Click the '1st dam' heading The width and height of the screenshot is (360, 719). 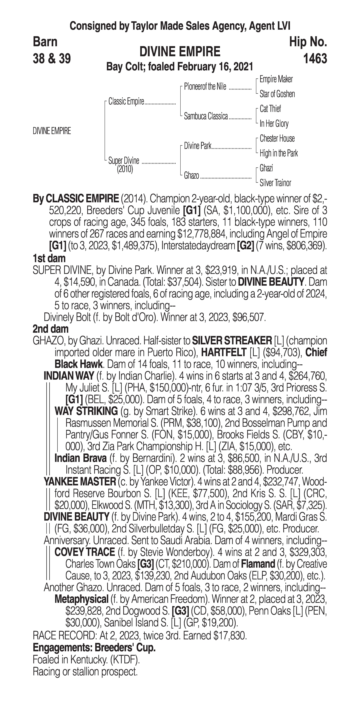tap(49, 258)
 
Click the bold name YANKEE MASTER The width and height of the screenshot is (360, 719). tap(80, 482)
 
